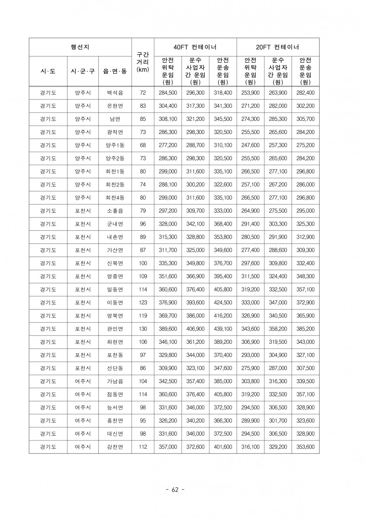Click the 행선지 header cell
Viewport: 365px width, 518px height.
[x=80, y=47]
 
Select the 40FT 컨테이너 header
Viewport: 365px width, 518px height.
[x=195, y=47]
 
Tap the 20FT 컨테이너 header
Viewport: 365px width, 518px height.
[x=278, y=47]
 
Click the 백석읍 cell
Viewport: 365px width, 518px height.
[x=115, y=92]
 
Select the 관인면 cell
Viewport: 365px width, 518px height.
[x=115, y=329]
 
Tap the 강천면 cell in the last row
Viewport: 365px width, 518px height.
[x=115, y=447]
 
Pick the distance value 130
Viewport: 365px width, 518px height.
[x=143, y=329]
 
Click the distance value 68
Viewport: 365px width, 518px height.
[x=143, y=145]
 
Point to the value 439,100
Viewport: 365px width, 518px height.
[x=222, y=329]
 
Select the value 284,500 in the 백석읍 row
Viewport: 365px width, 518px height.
[x=168, y=92]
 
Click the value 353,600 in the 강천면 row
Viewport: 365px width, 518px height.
[x=305, y=447]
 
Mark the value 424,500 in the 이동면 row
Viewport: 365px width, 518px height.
[x=222, y=303]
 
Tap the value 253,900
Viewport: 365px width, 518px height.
[x=250, y=92]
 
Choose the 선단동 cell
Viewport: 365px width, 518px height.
[x=115, y=368]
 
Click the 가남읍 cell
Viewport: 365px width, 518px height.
[x=115, y=381]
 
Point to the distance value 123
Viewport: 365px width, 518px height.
[x=143, y=303]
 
